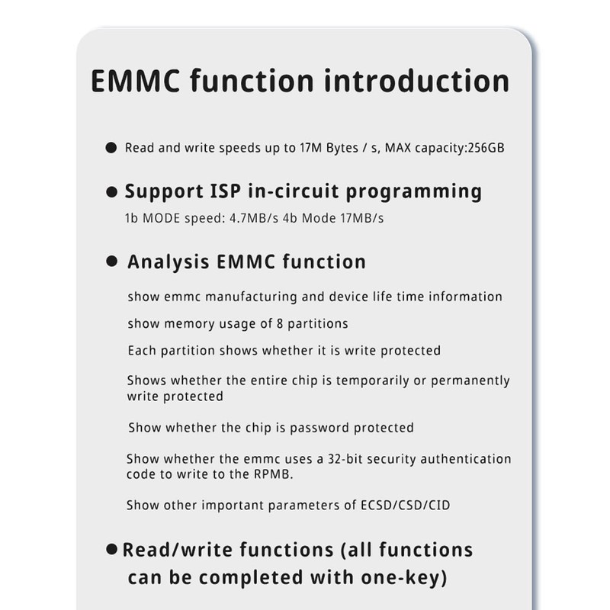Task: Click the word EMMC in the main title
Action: click(x=136, y=81)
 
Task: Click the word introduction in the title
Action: click(x=416, y=81)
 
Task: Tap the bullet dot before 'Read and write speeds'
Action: click(x=111, y=148)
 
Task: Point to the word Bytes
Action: click(x=342, y=148)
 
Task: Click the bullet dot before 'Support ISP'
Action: click(x=111, y=192)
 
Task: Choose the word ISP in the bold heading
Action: click(x=225, y=191)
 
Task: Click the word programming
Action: click(x=413, y=192)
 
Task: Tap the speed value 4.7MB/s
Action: click(x=254, y=218)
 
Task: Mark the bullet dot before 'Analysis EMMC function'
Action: click(x=111, y=261)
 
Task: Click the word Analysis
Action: click(x=169, y=262)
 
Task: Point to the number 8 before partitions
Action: click(x=280, y=323)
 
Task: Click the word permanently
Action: click(x=470, y=380)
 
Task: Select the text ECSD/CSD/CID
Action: click(x=406, y=506)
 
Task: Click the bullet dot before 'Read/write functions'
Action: click(x=111, y=549)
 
